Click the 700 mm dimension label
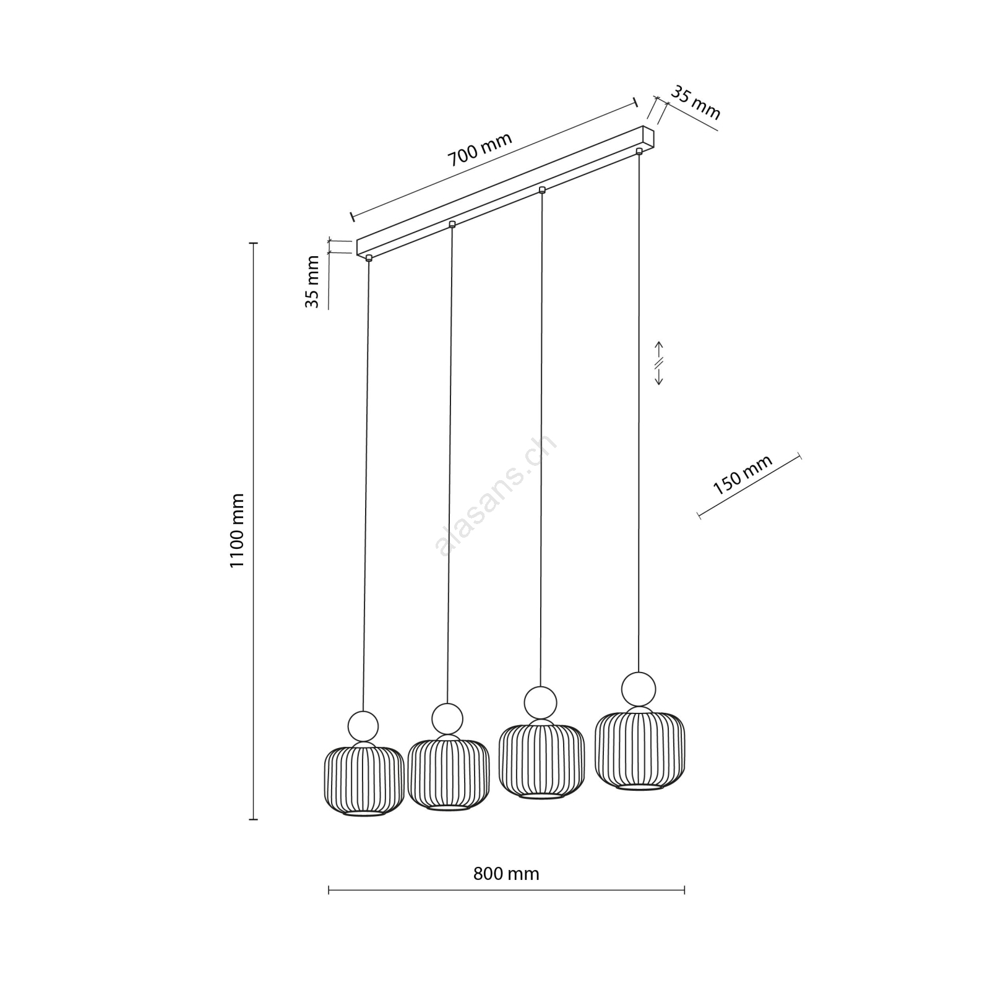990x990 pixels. (480, 150)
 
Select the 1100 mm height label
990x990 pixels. (238, 530)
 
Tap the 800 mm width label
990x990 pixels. (506, 874)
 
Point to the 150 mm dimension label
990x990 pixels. (742, 475)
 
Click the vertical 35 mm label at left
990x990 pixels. (312, 282)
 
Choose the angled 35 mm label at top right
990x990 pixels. (696, 103)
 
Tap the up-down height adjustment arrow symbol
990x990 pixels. (659, 363)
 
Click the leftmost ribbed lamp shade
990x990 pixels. (364, 781)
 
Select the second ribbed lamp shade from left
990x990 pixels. (449, 775)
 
